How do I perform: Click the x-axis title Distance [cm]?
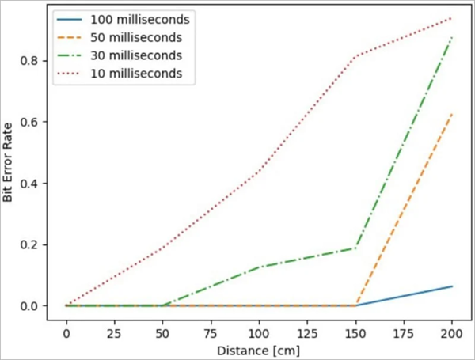(258, 347)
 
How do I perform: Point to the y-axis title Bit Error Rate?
(9, 162)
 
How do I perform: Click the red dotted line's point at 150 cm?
(355, 57)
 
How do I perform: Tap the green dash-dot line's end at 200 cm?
(451, 37)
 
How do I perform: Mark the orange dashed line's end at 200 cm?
(451, 114)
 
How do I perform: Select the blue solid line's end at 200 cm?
(451, 286)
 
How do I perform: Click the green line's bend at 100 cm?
(258, 267)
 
